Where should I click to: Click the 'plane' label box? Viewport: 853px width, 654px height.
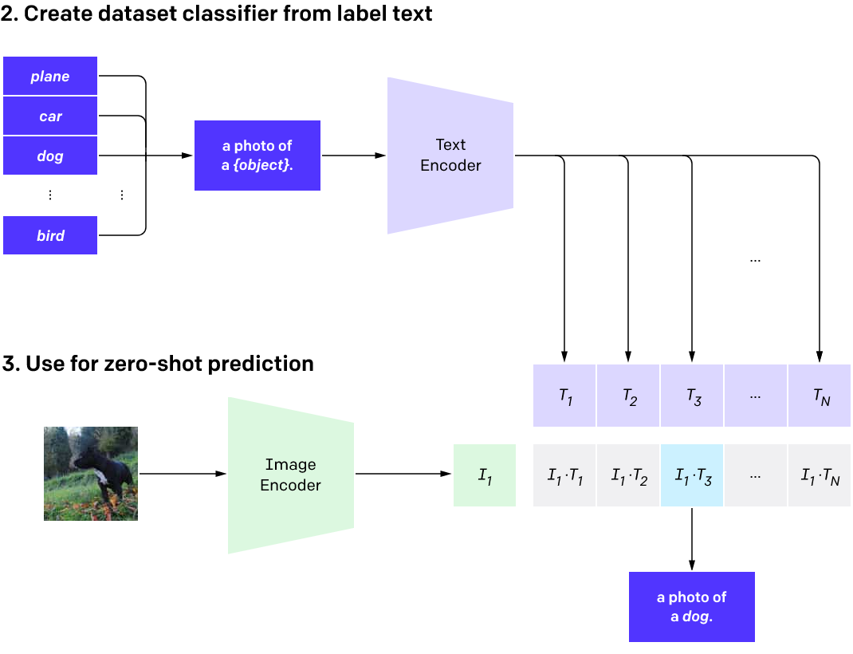tap(50, 77)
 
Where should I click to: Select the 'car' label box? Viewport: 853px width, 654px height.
tap(50, 116)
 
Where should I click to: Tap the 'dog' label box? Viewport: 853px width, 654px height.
tap(50, 156)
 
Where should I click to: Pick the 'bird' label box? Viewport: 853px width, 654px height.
tap(50, 235)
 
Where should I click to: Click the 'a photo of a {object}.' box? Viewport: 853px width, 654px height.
tap(257, 156)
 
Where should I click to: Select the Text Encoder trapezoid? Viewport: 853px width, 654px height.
tap(450, 156)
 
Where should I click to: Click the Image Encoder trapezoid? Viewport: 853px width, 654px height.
tap(290, 475)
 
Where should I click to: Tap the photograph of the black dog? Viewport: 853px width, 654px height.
tap(90, 474)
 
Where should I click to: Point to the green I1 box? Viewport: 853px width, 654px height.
tap(485, 475)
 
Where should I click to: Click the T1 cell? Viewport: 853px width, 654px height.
tap(564, 396)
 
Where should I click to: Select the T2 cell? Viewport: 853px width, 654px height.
tap(628, 396)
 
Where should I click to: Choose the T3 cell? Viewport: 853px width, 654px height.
tap(692, 396)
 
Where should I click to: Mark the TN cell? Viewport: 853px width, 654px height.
tap(820, 396)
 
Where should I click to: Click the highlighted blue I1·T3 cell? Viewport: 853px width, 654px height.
tap(692, 475)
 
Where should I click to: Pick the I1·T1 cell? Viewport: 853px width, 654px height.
tap(564, 475)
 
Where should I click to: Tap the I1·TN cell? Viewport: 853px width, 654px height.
tap(820, 475)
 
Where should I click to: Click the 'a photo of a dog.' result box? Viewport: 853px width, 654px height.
tap(691, 606)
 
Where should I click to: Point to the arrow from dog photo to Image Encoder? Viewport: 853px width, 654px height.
tap(182, 474)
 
